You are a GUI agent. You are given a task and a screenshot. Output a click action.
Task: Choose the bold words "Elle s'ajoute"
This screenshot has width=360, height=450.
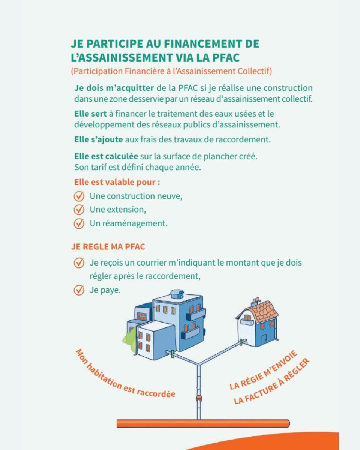(98, 140)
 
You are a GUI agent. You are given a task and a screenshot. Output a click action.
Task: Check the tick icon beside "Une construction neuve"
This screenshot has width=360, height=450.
(78, 196)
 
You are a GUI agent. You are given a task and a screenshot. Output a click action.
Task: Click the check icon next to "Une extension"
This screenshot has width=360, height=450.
(78, 209)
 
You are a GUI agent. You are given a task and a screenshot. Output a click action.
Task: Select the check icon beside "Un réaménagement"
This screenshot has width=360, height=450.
(78, 223)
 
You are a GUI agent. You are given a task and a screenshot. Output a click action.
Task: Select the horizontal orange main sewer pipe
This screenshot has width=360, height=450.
(202, 423)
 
